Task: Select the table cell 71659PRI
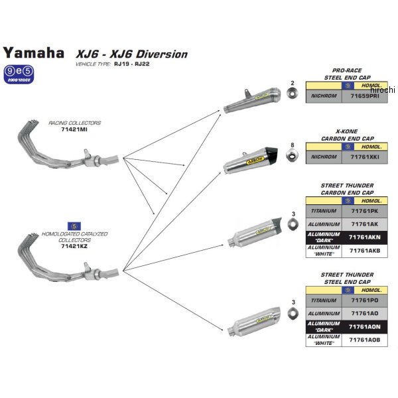point(365,96)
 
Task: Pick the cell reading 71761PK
point(365,211)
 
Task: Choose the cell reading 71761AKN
point(365,236)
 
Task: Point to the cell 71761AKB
point(365,249)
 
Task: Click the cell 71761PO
point(365,300)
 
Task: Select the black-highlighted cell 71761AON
point(365,326)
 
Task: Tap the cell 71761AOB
point(365,339)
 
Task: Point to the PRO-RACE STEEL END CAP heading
point(346,73)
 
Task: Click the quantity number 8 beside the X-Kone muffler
point(292,144)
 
